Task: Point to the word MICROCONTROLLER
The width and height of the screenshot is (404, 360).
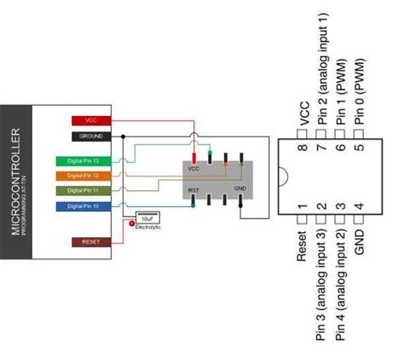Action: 16,183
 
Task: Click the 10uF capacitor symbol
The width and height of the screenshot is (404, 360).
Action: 147,218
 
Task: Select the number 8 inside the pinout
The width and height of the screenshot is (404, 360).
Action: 303,147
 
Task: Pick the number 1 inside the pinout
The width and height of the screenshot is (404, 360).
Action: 303,206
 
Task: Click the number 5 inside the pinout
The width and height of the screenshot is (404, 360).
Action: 361,147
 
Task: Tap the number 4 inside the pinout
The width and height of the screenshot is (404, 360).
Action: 361,206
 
